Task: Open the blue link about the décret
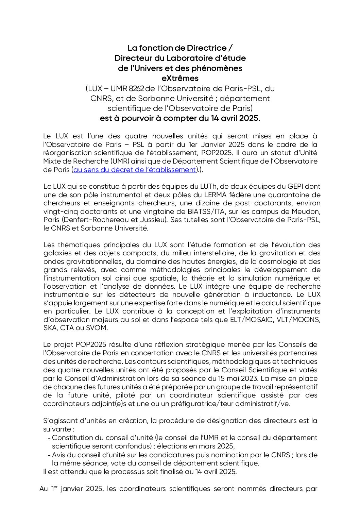[x=135, y=170]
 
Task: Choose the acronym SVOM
[x=97, y=328]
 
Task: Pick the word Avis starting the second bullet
[x=59, y=455]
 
